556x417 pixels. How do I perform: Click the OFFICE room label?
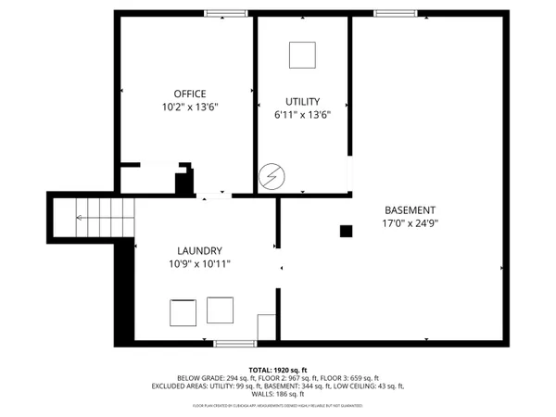pos(190,94)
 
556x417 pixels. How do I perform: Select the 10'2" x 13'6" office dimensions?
pos(190,107)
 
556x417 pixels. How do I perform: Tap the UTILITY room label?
pos(302,101)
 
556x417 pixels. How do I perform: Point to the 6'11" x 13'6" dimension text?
pos(302,114)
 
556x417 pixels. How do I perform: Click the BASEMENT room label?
pos(409,210)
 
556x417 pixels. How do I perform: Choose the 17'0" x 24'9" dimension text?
pos(409,223)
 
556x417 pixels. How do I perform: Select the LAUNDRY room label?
pos(199,251)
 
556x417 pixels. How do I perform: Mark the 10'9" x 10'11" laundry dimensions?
pos(199,264)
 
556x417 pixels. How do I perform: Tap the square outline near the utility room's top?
pos(302,56)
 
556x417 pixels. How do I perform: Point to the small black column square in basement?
pos(346,231)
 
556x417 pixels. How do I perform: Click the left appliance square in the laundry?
pos(182,313)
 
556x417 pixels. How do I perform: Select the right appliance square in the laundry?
pos(220,309)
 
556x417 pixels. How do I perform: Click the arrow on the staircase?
pos(82,219)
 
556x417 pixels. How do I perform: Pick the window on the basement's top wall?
pos(395,13)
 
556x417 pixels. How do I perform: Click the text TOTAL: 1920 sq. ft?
pos(277,369)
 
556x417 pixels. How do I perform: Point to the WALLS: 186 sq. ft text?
pos(277,394)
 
